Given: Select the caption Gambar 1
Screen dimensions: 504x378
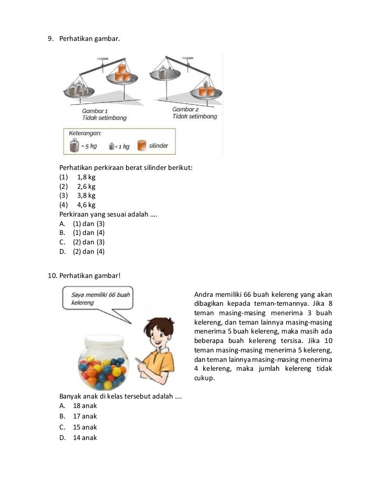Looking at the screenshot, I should [94, 111].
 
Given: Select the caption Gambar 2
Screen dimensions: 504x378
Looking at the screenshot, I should [185, 109].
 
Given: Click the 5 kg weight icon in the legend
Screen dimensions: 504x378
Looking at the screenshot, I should [74, 145].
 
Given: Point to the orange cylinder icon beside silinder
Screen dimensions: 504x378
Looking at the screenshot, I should [141, 145].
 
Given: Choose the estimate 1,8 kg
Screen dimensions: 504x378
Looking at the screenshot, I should [86, 177].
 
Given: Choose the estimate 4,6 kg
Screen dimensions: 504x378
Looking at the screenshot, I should [86, 205].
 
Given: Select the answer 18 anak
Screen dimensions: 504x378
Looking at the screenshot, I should [85, 406].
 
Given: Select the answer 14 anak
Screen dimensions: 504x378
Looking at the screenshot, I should [85, 438].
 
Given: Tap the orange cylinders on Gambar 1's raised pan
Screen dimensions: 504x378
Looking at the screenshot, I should [122, 73].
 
